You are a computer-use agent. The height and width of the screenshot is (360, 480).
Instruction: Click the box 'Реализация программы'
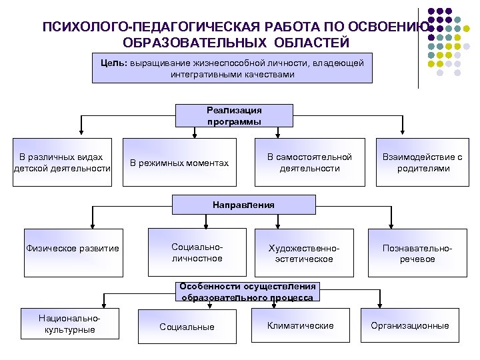point(234,116)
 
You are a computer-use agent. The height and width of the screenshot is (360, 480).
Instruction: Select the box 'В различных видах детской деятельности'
point(64,163)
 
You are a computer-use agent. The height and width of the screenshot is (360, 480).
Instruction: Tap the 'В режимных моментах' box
point(179,163)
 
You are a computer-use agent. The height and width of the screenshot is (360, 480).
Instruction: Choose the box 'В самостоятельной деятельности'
point(309,163)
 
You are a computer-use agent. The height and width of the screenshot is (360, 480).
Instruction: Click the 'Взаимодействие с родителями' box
point(421,163)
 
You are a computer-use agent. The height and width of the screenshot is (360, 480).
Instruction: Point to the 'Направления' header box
point(243,205)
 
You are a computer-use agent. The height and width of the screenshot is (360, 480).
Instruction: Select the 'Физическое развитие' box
point(72,249)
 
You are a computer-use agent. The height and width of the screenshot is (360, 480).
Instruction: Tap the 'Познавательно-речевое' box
point(417,253)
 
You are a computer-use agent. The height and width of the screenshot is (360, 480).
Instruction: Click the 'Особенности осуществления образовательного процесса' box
point(247,292)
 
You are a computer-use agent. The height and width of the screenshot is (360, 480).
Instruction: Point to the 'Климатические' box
point(300,325)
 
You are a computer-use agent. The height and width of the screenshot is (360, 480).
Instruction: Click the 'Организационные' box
point(410,325)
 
